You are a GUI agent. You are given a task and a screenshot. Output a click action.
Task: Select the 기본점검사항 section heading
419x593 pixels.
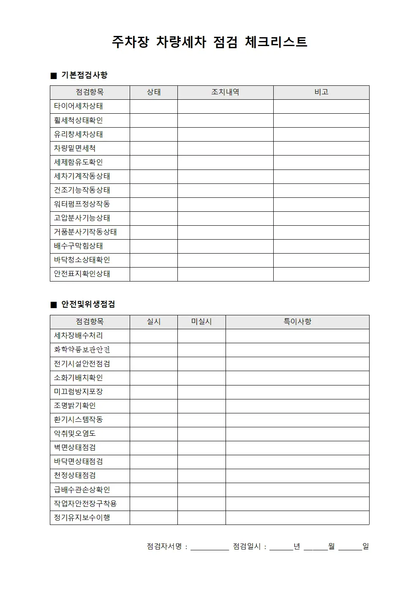[84, 75]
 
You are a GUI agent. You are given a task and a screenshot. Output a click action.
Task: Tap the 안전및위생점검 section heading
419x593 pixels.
[88, 304]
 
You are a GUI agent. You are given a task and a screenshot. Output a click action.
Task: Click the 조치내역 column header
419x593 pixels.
[225, 92]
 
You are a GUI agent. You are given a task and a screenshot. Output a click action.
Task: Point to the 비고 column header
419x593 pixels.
[321, 92]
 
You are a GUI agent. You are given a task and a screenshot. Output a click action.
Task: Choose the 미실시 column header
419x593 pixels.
[201, 322]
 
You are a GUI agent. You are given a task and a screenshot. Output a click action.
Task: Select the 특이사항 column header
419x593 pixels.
[297, 322]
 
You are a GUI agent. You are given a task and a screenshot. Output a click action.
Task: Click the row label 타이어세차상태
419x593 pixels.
[79, 106]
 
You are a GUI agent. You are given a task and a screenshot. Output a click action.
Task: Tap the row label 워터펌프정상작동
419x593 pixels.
[82, 204]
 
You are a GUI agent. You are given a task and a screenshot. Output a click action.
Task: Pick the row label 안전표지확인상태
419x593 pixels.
[82, 274]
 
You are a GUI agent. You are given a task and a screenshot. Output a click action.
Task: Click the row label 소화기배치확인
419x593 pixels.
[79, 378]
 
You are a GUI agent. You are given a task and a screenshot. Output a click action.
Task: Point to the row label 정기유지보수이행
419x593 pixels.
[82, 517]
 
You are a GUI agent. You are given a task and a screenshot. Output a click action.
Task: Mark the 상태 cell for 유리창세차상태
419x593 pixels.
[154, 134]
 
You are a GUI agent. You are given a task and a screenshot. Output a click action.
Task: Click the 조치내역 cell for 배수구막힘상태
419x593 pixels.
[225, 246]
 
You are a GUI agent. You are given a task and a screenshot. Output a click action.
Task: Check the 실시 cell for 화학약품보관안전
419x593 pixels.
[154, 350]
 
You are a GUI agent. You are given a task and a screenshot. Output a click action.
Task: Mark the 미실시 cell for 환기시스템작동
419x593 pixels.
[201, 420]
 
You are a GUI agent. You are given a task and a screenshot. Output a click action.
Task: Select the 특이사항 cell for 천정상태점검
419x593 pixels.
[297, 475]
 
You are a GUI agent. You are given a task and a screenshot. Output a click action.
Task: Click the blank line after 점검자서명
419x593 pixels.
[209, 547]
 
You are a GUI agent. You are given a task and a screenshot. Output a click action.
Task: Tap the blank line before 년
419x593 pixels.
[281, 547]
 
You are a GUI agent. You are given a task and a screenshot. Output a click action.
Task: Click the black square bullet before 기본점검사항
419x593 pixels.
[54, 76]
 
